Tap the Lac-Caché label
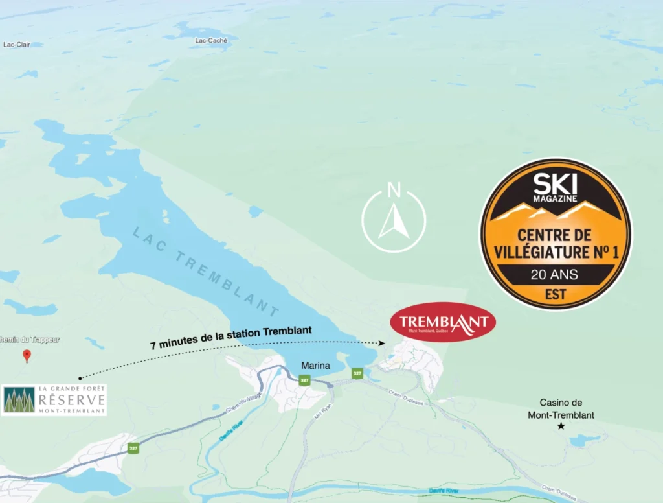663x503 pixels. click(210, 40)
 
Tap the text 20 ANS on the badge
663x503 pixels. click(554, 274)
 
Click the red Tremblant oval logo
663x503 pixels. click(443, 322)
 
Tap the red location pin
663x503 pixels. click(27, 355)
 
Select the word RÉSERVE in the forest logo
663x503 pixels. click(71, 401)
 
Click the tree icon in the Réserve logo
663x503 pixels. click(19, 400)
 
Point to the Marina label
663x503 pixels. click(315, 366)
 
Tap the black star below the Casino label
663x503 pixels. click(561, 426)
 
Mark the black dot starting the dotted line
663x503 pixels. click(80, 377)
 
